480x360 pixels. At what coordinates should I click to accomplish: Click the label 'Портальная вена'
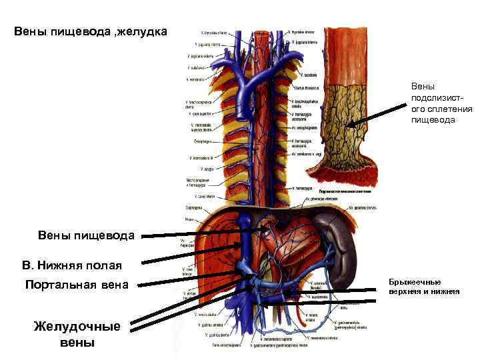(x=76, y=285)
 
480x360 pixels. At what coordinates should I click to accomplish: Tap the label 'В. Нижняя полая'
(x=72, y=265)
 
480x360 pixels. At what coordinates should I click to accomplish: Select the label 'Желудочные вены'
(x=77, y=334)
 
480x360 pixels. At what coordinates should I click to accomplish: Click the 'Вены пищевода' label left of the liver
(x=87, y=235)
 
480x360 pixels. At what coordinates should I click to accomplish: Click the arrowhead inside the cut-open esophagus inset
(x=350, y=124)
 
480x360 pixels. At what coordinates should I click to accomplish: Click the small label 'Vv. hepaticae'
(x=187, y=243)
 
